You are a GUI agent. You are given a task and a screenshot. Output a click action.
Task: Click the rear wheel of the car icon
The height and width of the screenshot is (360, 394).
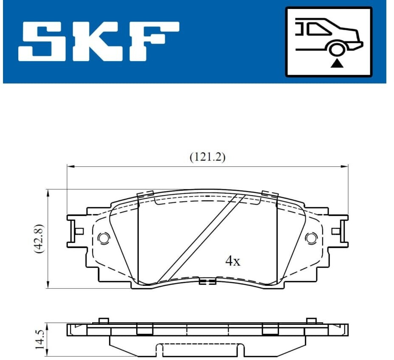(336, 50)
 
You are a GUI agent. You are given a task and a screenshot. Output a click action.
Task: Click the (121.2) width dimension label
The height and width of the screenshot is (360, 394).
(207, 157)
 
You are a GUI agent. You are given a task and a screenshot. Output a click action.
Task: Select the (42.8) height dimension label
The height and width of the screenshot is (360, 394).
(39, 239)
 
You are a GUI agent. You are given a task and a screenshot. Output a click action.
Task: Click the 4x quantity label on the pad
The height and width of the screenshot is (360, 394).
(233, 261)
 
